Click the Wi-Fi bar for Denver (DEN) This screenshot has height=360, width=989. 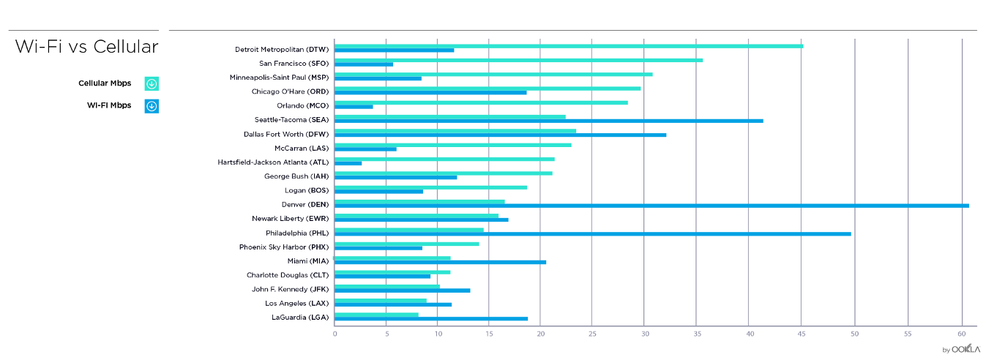coord(652,206)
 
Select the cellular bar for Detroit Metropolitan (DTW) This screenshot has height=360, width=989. coord(568,46)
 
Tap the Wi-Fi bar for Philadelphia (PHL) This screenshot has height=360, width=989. coord(592,233)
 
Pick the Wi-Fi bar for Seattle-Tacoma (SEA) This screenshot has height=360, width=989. coord(548,121)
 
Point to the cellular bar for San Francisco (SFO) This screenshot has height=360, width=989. coord(518,60)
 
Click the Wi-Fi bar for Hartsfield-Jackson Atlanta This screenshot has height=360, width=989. coord(348,163)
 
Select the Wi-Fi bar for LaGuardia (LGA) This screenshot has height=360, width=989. coord(430,318)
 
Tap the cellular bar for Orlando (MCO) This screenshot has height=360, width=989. coord(481,102)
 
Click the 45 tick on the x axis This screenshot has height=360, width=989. coord(802,334)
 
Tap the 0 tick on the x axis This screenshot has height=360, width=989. coord(335,334)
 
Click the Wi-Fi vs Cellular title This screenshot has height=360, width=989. coord(86,48)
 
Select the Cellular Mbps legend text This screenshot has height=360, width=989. coord(105,83)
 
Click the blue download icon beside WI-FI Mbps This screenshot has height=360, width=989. coord(152,106)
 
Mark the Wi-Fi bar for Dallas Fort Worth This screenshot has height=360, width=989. coord(500,135)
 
